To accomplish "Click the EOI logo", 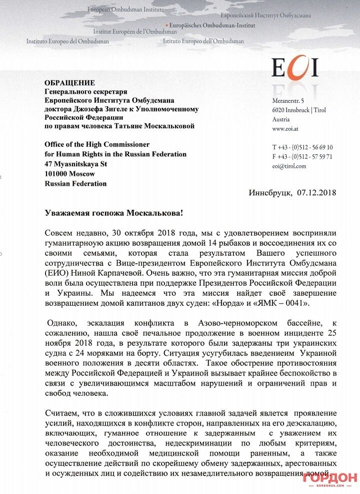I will pos(294,67).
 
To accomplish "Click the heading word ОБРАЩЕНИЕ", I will pos(69,83).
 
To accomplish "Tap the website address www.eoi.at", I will pos(286,129).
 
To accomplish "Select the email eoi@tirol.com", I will pos(289,166).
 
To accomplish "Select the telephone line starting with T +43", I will pos(302,147).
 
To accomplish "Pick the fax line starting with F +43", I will pos(302,156).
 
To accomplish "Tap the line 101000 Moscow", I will pos(69,173).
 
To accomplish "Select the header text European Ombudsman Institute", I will pos(126,9).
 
